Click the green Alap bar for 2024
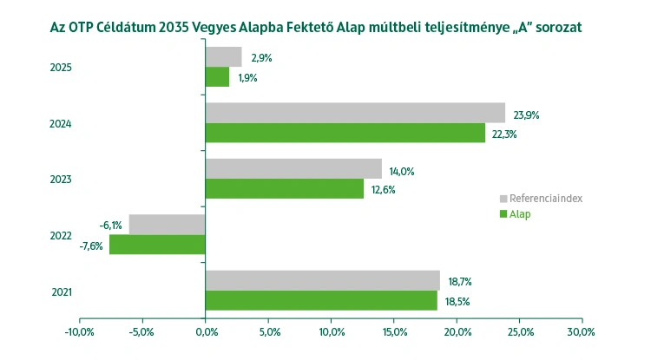[345, 133]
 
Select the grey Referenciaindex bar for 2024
[355, 113]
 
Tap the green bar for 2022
[157, 245]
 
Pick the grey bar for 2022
[167, 225]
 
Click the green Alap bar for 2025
[217, 77]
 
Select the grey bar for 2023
[293, 168]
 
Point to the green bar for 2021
[321, 300]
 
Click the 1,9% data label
[247, 77]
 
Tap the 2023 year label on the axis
[61, 180]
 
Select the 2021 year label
[61, 291]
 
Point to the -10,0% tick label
[80, 331]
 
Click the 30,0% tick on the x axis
[581, 331]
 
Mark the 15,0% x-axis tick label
[393, 331]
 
